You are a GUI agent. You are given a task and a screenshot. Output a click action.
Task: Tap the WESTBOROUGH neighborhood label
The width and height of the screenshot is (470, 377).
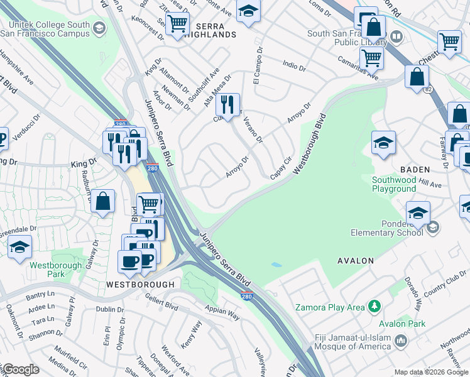click(140, 284)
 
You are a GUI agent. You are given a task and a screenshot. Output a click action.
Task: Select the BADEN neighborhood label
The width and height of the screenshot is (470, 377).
click(414, 170)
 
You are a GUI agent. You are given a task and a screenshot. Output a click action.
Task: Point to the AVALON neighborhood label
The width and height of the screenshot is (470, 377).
click(356, 260)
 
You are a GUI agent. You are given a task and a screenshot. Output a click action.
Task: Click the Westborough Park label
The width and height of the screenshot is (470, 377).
click(56, 270)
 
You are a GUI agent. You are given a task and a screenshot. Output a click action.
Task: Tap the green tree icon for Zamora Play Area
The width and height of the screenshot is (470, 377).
click(374, 306)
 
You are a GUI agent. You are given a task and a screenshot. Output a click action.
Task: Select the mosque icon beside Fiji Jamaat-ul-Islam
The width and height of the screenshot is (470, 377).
click(402, 341)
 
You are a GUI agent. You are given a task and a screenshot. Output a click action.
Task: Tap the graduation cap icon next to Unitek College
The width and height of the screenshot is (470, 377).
click(99, 28)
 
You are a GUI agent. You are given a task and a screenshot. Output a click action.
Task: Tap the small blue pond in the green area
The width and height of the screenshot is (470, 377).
click(276, 265)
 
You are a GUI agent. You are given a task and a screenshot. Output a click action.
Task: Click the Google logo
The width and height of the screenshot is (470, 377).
click(21, 369)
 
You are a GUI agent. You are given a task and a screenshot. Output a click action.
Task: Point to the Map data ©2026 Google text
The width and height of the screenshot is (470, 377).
click(430, 372)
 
